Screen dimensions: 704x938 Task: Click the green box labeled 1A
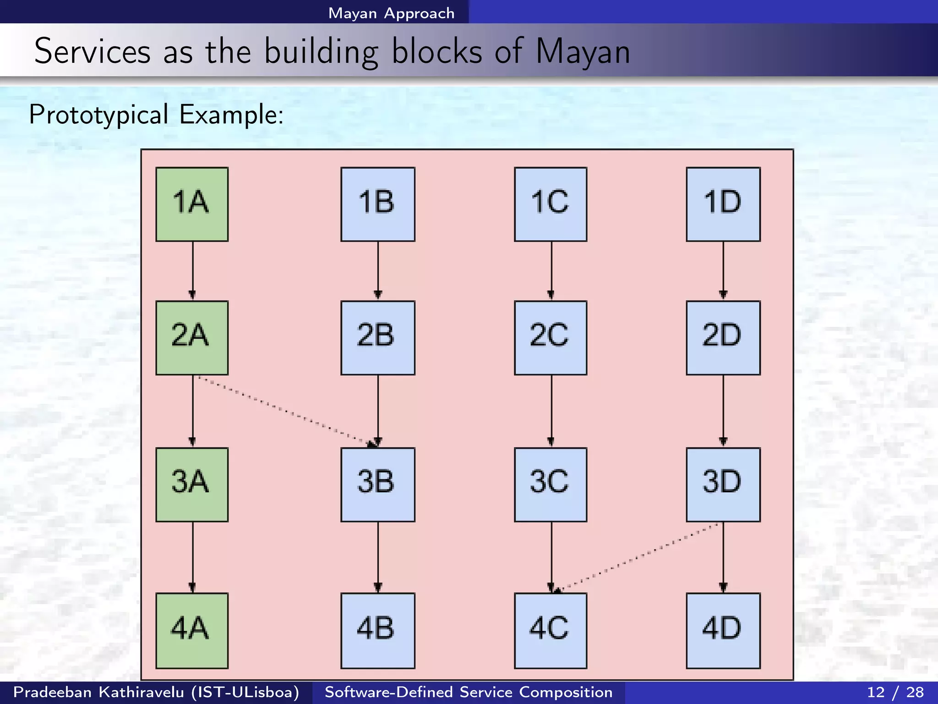pos(192,204)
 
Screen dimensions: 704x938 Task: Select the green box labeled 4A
pos(192,631)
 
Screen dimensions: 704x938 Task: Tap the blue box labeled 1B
pos(378,204)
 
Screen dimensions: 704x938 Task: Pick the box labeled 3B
pos(378,484)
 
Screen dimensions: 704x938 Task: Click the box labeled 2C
pos(551,338)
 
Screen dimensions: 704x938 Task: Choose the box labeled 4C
pos(551,631)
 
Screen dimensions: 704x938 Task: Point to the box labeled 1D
pos(723,204)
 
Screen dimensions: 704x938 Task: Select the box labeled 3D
pos(723,484)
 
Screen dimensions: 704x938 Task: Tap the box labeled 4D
pos(723,631)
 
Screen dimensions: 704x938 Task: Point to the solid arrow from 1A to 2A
pos(193,270)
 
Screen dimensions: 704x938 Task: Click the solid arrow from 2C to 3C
pos(551,411)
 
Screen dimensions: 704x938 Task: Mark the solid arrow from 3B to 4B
pos(378,557)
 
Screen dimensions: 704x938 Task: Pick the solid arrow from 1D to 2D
pos(723,270)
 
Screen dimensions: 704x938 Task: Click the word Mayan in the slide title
pos(583,51)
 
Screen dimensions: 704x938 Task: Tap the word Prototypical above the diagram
pos(98,114)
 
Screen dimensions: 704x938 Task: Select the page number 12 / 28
pos(895,692)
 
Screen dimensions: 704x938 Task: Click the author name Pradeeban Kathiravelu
pos(98,692)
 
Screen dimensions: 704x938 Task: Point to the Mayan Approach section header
pos(391,13)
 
